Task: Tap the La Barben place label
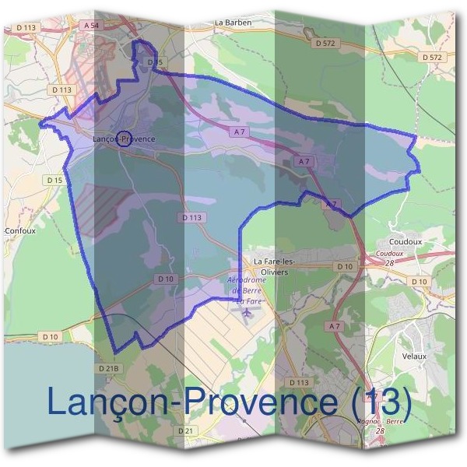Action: [232, 23]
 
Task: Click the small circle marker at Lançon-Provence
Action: [122, 139]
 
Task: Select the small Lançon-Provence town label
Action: [124, 139]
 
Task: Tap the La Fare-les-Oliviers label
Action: [271, 267]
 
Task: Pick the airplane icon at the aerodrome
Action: [248, 312]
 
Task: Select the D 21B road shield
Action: [109, 367]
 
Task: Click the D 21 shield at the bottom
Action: [184, 430]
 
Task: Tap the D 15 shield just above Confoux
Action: [54, 181]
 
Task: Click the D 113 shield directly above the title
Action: [299, 382]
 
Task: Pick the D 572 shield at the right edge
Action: [431, 58]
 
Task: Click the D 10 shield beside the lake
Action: [50, 336]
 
